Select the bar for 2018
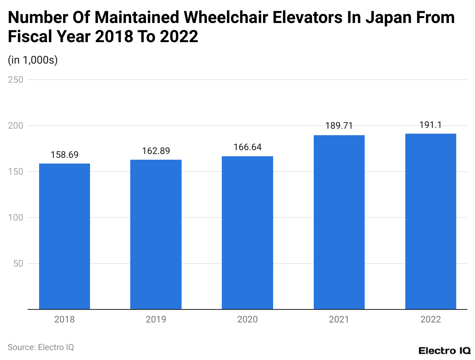click(x=64, y=236)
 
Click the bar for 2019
click(x=156, y=234)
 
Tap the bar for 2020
click(x=247, y=233)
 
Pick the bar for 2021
click(x=339, y=222)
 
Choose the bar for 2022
click(x=431, y=221)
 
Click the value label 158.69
click(x=64, y=155)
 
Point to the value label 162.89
click(x=156, y=151)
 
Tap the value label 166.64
click(x=247, y=147)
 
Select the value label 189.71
click(x=339, y=126)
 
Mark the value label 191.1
click(x=431, y=125)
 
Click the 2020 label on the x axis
click(x=247, y=319)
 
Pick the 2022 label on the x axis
click(x=431, y=319)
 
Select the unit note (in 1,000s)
click(x=33, y=60)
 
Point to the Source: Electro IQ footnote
click(x=41, y=347)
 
